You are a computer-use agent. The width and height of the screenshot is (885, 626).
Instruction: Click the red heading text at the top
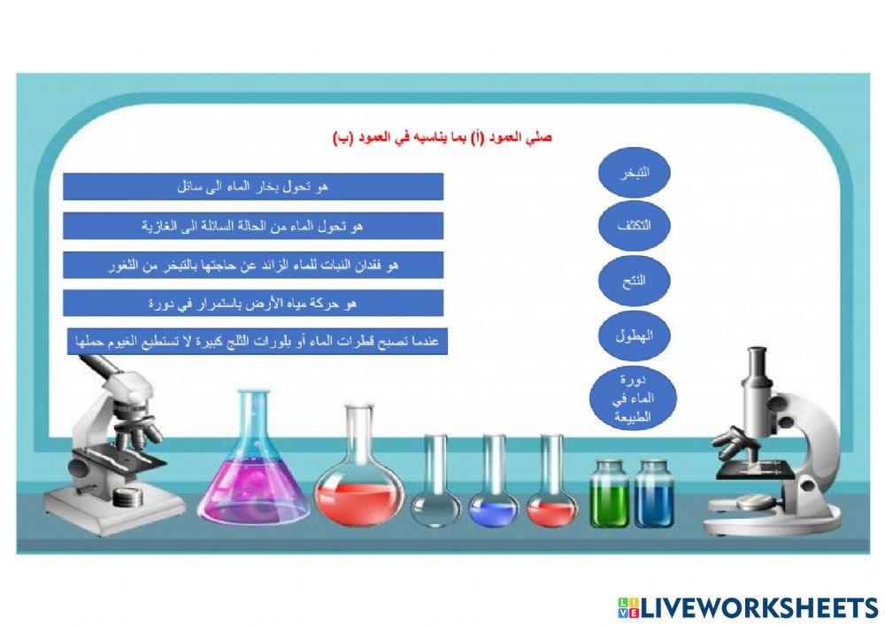pyautogui.click(x=442, y=137)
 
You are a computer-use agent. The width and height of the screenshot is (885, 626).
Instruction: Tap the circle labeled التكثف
pyautogui.click(x=634, y=225)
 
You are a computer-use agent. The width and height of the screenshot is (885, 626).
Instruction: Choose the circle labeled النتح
pyautogui.click(x=634, y=281)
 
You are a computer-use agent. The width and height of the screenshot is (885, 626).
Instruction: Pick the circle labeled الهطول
pyautogui.click(x=634, y=336)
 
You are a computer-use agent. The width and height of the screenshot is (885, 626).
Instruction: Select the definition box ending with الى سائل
pyautogui.click(x=253, y=187)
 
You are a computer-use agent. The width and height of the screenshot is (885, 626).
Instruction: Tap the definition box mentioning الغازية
pyautogui.click(x=253, y=226)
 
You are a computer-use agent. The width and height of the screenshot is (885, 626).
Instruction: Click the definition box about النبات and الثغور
pyautogui.click(x=253, y=265)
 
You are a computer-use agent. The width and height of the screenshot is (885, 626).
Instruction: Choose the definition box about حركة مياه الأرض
pyautogui.click(x=253, y=303)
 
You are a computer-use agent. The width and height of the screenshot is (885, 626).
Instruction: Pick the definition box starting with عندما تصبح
pyautogui.click(x=258, y=341)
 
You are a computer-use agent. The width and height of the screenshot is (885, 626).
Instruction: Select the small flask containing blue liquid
pyautogui.click(x=494, y=505)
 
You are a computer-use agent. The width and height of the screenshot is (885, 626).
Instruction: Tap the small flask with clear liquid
pyautogui.click(x=436, y=505)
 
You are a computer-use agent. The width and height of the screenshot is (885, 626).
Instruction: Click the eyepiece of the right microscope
pyautogui.click(x=757, y=363)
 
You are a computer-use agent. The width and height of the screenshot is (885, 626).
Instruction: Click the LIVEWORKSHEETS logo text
pyautogui.click(x=748, y=607)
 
